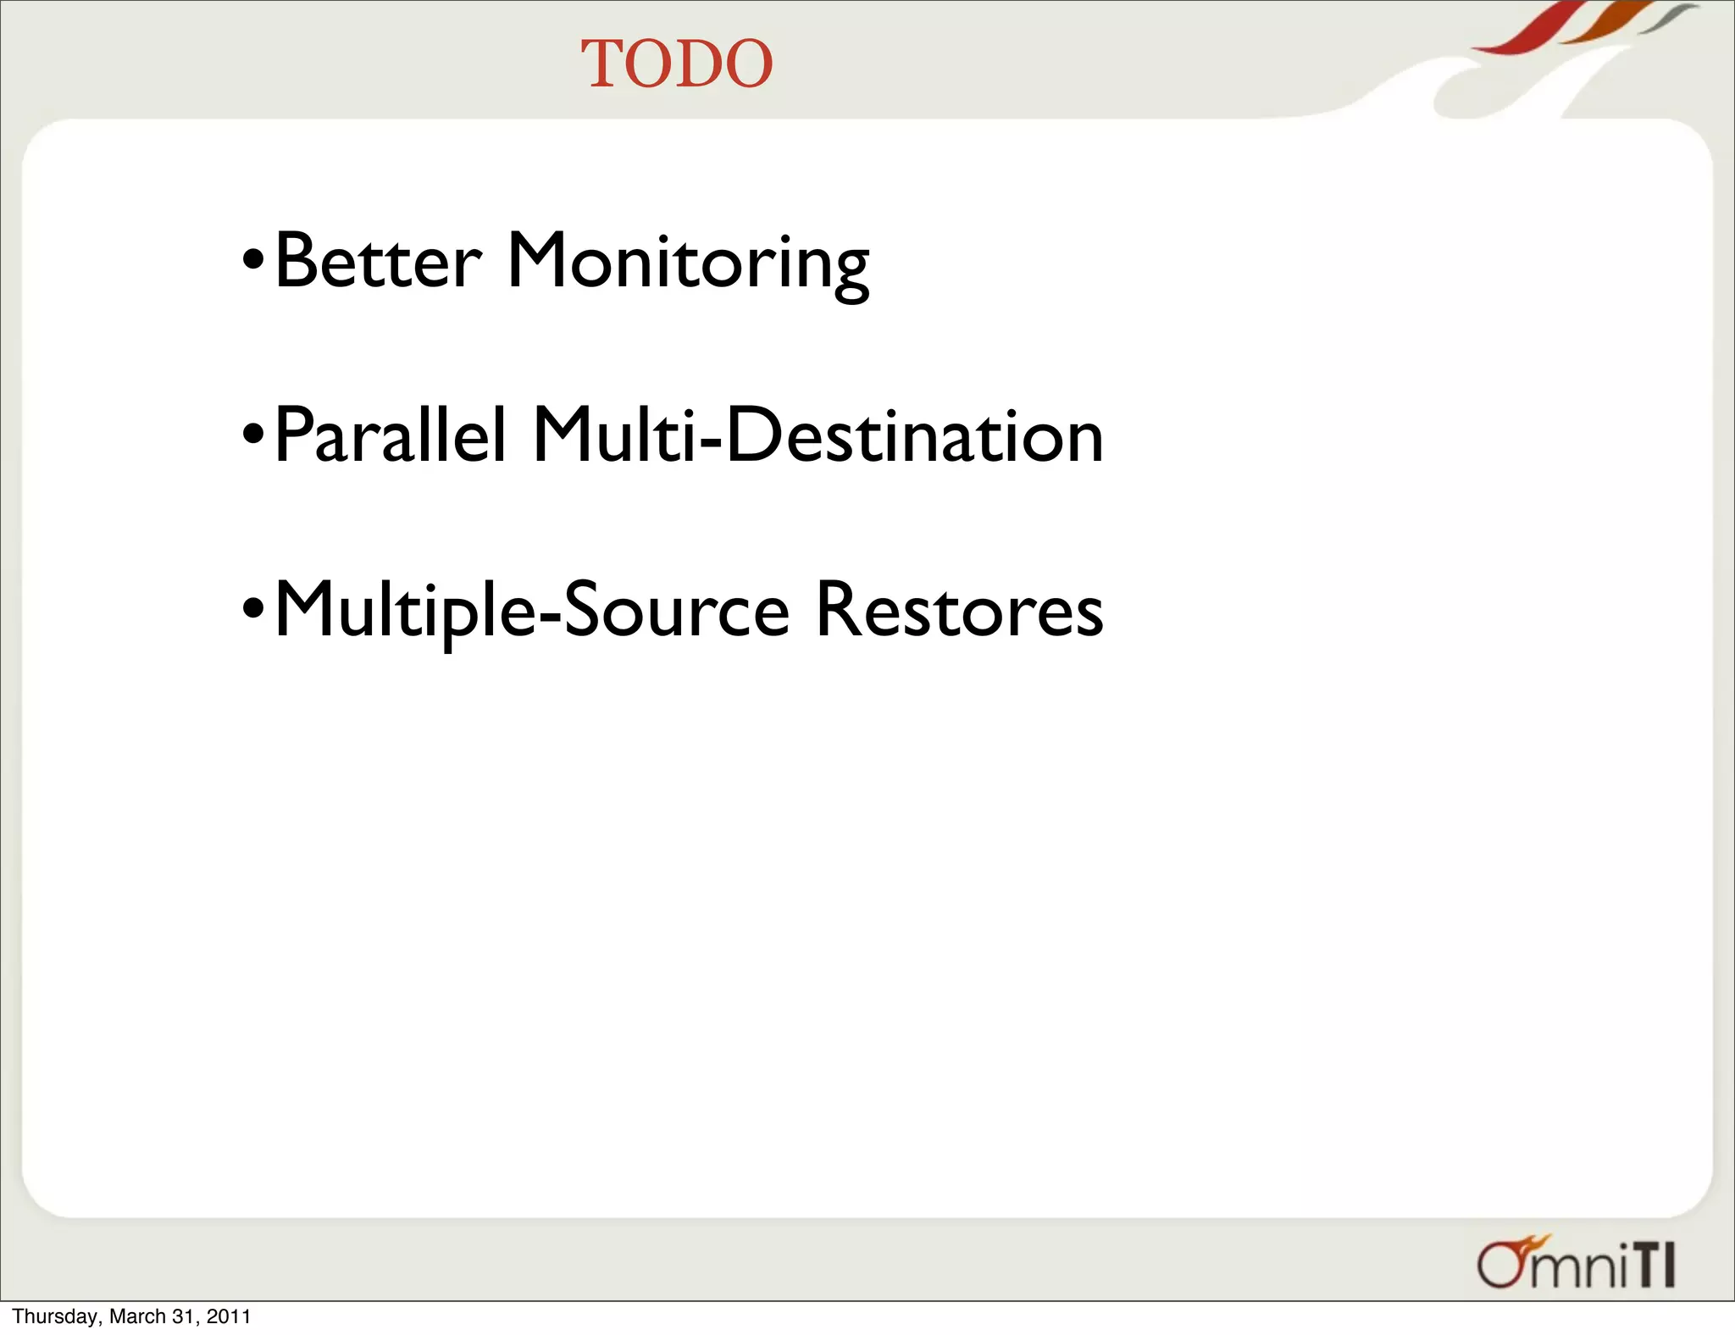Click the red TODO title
pyautogui.click(x=676, y=64)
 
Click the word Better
pyautogui.click(x=378, y=262)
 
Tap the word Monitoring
pyautogui.click(x=687, y=263)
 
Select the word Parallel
pyautogui.click(x=391, y=435)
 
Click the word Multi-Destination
pyautogui.click(x=818, y=435)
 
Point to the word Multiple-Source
pyautogui.click(x=532, y=612)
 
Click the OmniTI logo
pyautogui.click(x=1576, y=1263)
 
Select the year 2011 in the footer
pyautogui.click(x=229, y=1316)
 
